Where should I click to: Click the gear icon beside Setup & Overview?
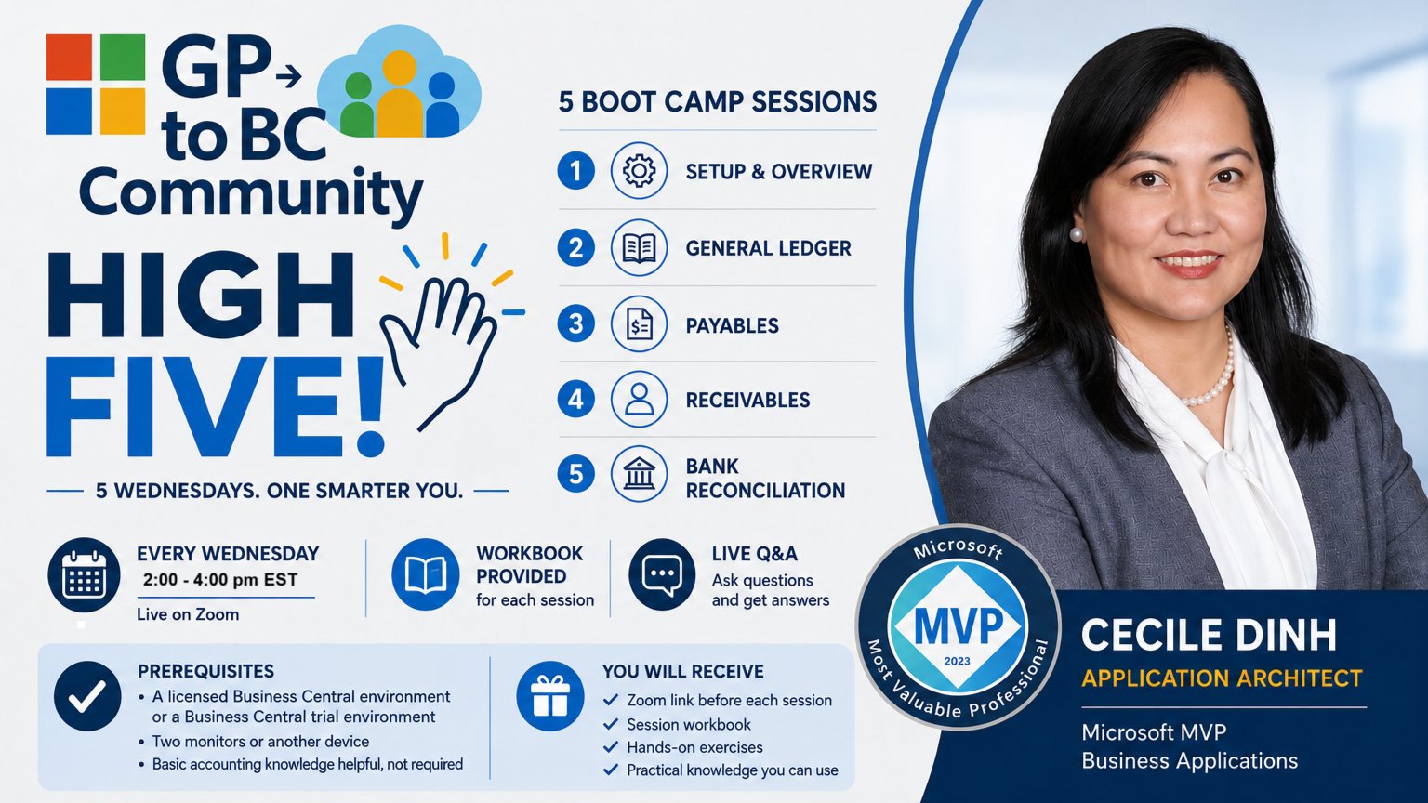[639, 171]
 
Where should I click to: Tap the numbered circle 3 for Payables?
[575, 323]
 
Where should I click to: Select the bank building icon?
[639, 474]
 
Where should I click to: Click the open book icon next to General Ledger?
[639, 247]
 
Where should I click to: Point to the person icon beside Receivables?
[639, 400]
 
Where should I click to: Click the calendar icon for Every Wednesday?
[85, 575]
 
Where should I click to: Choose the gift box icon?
[550, 696]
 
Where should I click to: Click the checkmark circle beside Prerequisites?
[87, 696]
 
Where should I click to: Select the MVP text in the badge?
[959, 626]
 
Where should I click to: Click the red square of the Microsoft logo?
[69, 58]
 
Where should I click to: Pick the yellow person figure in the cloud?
[399, 94]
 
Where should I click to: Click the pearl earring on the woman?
[1076, 234]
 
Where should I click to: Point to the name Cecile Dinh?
[1209, 636]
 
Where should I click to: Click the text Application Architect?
[1222, 678]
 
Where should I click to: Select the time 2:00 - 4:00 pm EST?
[220, 580]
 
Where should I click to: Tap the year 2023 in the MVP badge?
[958, 662]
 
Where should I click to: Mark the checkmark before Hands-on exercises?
[611, 747]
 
